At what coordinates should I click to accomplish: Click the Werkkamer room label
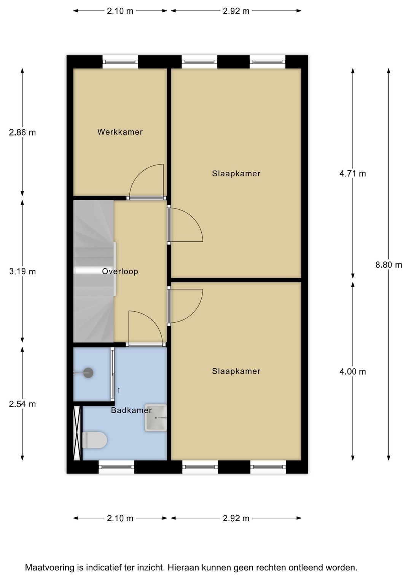120,132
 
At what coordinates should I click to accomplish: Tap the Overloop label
120,271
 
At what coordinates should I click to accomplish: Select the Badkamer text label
131,410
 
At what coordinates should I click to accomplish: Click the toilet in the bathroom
94,440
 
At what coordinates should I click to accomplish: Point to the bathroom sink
156,418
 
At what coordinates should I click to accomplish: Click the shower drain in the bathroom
88,373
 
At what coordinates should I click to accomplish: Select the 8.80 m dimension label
389,265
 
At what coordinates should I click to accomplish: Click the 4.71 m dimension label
352,174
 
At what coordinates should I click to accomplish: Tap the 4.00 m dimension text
352,372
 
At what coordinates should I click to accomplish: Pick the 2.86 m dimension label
22,133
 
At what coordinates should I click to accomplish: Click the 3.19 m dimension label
22,271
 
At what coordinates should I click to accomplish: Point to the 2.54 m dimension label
22,404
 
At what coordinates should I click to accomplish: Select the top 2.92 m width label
236,11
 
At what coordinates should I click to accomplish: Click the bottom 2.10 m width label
120,518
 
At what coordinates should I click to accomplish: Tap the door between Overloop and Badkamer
146,344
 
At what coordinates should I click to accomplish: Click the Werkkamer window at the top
120,61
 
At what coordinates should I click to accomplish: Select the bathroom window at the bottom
116,466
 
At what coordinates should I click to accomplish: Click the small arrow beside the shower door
119,390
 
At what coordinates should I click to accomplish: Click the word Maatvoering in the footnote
49,567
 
